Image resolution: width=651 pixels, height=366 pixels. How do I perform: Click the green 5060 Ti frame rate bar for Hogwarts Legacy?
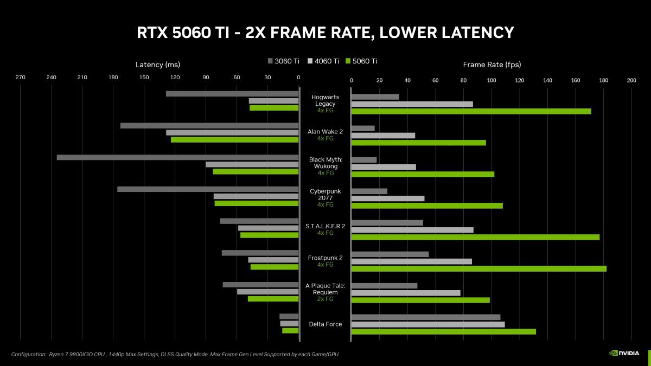(x=471, y=111)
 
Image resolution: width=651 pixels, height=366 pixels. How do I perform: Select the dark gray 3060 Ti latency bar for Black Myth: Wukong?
(x=177, y=157)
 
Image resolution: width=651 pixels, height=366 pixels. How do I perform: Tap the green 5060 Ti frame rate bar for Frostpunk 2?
(x=478, y=268)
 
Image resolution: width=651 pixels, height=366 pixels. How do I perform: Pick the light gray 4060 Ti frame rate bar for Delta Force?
(x=428, y=324)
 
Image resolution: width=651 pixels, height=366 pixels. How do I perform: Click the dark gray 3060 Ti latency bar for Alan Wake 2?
(x=209, y=126)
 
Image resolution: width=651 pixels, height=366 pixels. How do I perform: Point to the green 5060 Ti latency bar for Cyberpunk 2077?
(x=257, y=203)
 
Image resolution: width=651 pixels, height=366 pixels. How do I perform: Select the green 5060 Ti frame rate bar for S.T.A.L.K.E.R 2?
(x=475, y=237)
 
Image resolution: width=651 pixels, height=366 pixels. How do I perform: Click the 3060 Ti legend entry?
(x=283, y=61)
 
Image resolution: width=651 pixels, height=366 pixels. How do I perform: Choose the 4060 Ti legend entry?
(x=323, y=61)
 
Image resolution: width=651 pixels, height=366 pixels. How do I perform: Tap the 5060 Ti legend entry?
(x=361, y=61)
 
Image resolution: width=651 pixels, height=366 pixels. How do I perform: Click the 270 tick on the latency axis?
(x=20, y=78)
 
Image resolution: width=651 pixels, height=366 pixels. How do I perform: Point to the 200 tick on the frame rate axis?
(x=631, y=81)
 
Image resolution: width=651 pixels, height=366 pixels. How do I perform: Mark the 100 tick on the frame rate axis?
(x=491, y=81)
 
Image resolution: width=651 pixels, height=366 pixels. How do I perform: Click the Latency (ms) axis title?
(x=157, y=65)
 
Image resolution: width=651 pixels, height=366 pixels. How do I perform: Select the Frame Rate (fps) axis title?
(x=492, y=65)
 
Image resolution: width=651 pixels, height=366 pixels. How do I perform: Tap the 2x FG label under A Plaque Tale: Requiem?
(x=325, y=299)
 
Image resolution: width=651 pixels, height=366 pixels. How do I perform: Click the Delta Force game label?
(x=325, y=324)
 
